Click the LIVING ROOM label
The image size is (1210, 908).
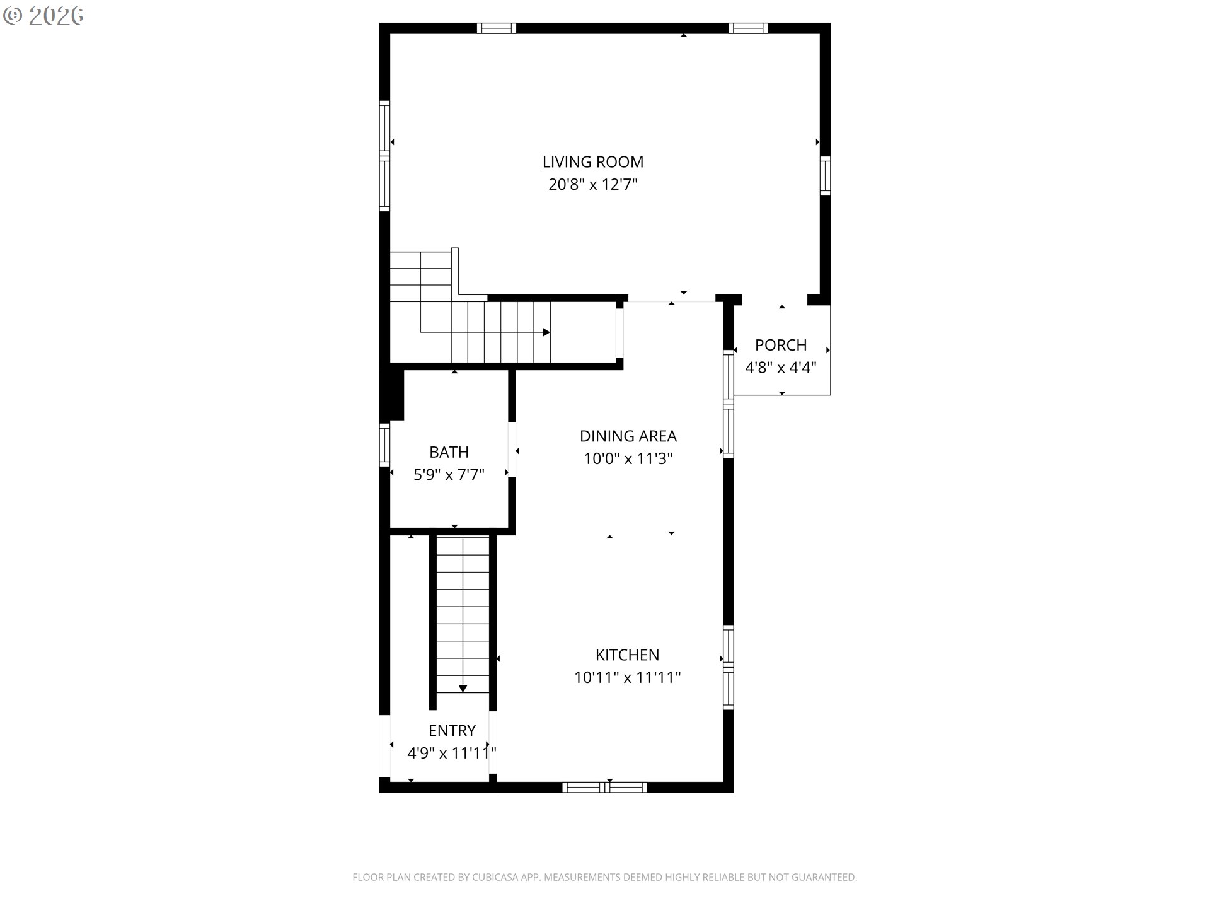tap(593, 162)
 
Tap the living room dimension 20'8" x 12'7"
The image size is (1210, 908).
tap(593, 185)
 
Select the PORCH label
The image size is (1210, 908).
tap(781, 345)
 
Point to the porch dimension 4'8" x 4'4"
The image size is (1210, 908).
tap(781, 368)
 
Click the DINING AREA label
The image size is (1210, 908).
tap(628, 436)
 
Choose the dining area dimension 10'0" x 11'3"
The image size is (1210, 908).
tap(628, 458)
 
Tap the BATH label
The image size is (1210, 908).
tap(449, 452)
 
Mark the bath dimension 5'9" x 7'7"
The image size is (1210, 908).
tap(449, 475)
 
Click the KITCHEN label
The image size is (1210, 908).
tap(628, 655)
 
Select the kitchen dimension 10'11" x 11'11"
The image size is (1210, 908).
tap(628, 678)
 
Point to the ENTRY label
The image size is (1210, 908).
tap(452, 731)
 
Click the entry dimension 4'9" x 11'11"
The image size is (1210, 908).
tap(452, 753)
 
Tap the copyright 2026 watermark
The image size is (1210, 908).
tap(43, 16)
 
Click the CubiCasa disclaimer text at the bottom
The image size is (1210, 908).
tap(605, 877)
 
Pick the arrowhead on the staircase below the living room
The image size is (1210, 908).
tap(546, 332)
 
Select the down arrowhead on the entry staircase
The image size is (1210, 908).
tap(463, 689)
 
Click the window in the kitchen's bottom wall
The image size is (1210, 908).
tap(605, 787)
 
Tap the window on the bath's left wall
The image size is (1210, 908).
tap(384, 445)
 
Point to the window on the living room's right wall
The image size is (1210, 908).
tap(825, 175)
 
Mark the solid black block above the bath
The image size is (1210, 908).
tap(393, 394)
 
